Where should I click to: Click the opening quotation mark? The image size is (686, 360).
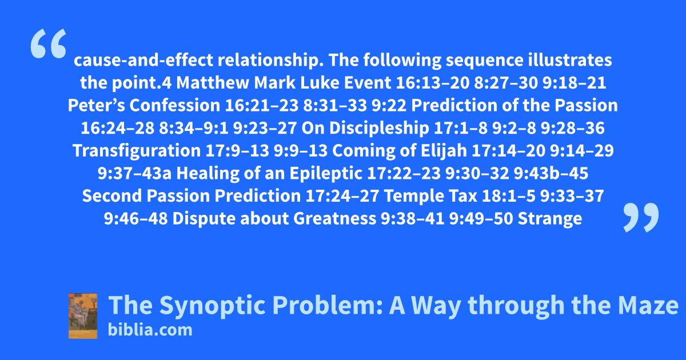49,43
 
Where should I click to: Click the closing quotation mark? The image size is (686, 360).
641,217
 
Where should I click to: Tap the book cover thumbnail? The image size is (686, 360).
83,316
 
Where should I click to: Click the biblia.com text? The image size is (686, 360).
150,330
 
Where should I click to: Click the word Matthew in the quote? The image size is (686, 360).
213,83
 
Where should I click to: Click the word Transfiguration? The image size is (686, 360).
137,151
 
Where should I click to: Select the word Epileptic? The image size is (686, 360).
326,174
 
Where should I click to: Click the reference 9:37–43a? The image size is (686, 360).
134,173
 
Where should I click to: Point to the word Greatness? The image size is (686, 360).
335,218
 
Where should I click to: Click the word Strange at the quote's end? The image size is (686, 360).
550,219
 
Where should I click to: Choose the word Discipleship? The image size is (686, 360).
379,128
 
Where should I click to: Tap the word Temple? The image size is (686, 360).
414,196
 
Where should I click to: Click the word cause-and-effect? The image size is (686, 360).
143,60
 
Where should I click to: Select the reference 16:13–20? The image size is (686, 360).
432,83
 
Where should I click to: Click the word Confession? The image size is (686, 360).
175,105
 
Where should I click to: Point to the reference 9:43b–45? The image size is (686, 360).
551,173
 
